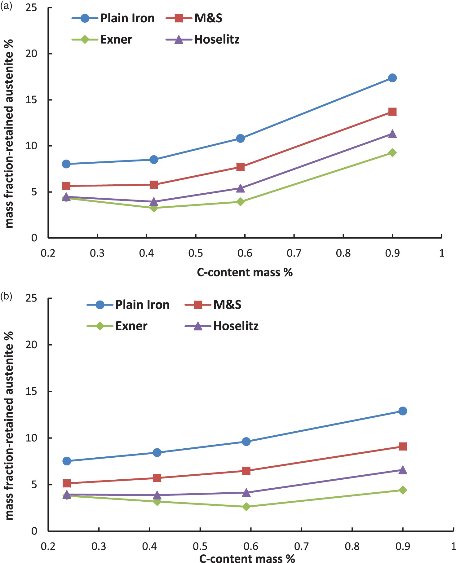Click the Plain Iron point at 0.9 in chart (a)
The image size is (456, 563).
click(392, 78)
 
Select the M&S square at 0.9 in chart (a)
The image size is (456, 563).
click(392, 112)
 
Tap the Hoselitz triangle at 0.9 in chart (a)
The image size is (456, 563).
click(392, 134)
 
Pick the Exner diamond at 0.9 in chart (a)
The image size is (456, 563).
click(392, 153)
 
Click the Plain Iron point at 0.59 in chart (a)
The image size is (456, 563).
click(240, 138)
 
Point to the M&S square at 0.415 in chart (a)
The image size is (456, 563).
click(154, 185)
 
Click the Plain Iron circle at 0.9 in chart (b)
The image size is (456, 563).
click(402, 411)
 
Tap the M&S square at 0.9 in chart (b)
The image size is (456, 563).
click(402, 446)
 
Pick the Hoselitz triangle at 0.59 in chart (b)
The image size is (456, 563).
click(246, 492)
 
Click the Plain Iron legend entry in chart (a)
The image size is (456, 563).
click(113, 18)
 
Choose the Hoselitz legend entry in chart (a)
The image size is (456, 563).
click(203, 40)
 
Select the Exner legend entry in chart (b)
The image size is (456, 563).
click(117, 326)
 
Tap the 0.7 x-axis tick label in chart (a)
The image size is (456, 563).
click(294, 253)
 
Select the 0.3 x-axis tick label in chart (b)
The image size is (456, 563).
click(99, 546)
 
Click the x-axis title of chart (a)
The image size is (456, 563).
click(245, 272)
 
